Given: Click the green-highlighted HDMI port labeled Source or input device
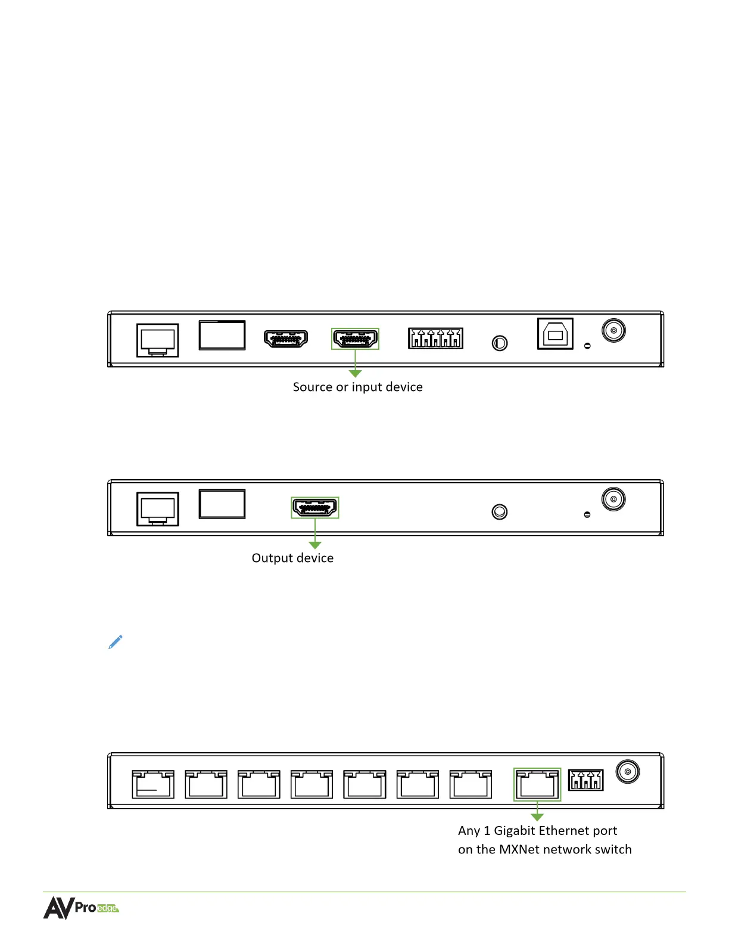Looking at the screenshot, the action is click(x=356, y=339).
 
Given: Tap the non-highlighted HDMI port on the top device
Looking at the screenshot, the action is click(x=286, y=339).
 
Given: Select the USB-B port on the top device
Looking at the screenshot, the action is click(x=555, y=334).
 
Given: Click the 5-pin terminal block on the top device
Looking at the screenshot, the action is click(x=435, y=339).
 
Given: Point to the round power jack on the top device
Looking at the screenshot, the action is click(x=613, y=330).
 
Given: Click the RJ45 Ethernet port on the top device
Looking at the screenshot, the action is click(x=158, y=340).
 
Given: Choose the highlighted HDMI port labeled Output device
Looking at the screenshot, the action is click(x=315, y=508).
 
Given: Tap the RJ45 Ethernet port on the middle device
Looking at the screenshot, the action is click(x=158, y=509).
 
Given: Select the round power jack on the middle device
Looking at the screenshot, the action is click(x=613, y=499).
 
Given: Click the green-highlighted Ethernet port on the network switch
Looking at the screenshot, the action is click(x=537, y=784).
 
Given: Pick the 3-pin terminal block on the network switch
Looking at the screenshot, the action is click(x=586, y=780).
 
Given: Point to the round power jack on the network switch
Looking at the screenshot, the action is click(x=627, y=772).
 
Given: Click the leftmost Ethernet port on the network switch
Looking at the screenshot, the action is click(x=153, y=784).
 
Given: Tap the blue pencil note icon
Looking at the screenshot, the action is click(x=116, y=642).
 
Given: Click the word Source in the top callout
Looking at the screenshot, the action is click(x=313, y=387).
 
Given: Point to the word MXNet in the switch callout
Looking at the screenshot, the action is click(x=519, y=849).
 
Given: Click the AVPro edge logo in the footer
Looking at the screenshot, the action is click(x=81, y=908).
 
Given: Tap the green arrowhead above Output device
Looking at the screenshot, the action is click(x=315, y=545).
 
